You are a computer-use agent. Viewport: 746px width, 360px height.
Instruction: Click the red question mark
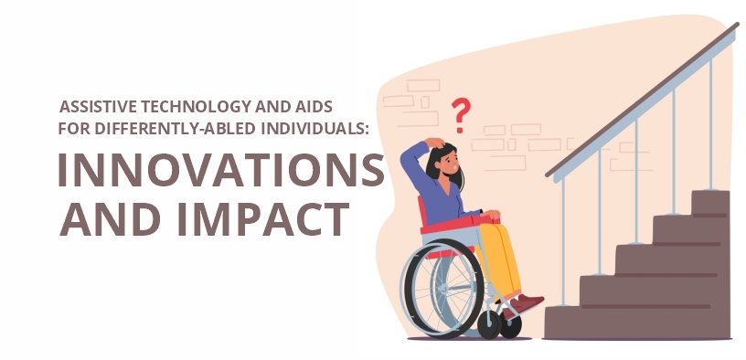point(462,115)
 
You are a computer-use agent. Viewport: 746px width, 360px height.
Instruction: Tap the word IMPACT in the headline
point(266,218)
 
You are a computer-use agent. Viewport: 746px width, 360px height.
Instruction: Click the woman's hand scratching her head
point(438,143)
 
